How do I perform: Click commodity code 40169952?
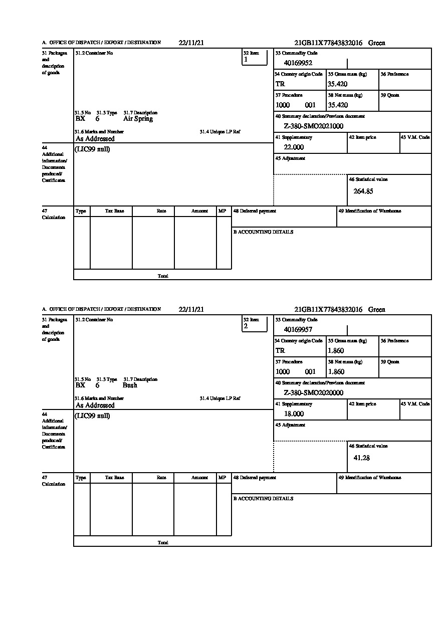[x=298, y=63]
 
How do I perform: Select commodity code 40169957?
[x=298, y=330]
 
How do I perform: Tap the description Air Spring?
[x=138, y=119]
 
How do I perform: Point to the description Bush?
[x=130, y=385]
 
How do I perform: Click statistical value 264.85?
[x=363, y=191]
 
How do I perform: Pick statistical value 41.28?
[x=361, y=458]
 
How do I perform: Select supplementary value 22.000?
[x=294, y=147]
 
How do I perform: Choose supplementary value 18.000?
[x=294, y=414]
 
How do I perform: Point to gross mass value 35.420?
[x=337, y=84]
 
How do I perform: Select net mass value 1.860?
[x=336, y=372]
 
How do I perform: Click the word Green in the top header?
[x=377, y=43]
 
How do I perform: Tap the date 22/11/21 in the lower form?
[x=191, y=310]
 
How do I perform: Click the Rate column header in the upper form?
[x=161, y=211]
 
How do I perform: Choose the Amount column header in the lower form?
[x=199, y=478]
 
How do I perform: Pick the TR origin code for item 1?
[x=280, y=84]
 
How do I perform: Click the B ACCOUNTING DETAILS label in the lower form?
[x=263, y=499]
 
